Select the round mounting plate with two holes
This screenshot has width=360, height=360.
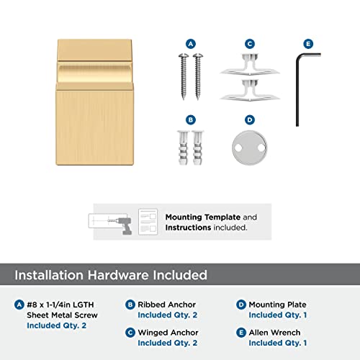click(x=250, y=147)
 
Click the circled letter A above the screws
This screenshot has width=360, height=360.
click(x=191, y=43)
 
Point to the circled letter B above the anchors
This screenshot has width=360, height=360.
click(x=191, y=120)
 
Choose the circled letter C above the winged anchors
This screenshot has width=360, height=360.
click(x=249, y=43)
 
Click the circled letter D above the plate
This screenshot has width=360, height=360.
click(x=249, y=120)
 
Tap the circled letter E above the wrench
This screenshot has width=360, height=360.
click(x=309, y=43)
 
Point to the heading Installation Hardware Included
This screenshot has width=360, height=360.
click(x=111, y=274)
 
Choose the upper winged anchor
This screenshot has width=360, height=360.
click(x=249, y=66)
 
